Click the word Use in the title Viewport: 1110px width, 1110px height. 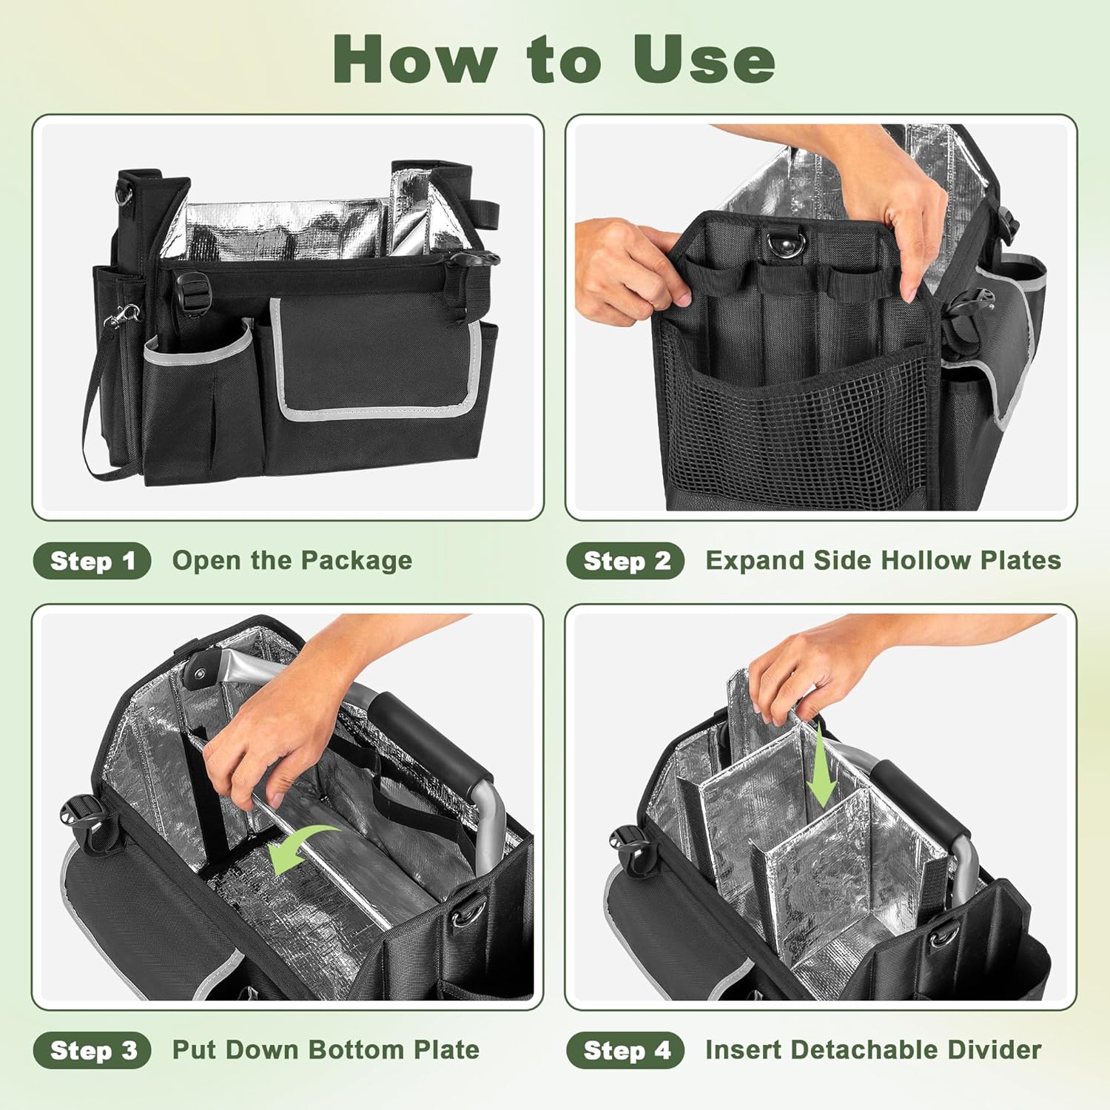[x=703, y=59]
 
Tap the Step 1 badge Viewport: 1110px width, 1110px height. [x=92, y=561]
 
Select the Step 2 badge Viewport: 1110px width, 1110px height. [x=625, y=561]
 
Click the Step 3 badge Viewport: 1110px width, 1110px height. [x=92, y=1050]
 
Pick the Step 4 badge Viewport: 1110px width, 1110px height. [x=625, y=1050]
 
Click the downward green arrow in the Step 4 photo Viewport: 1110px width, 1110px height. [x=821, y=770]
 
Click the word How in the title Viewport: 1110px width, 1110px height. [x=414, y=59]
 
